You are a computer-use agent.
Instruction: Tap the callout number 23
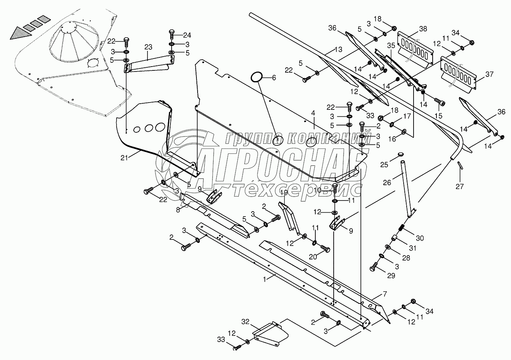click(148, 47)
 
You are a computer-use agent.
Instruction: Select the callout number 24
click(187, 35)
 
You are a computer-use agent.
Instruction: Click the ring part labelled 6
click(256, 77)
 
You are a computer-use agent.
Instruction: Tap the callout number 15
click(438, 115)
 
